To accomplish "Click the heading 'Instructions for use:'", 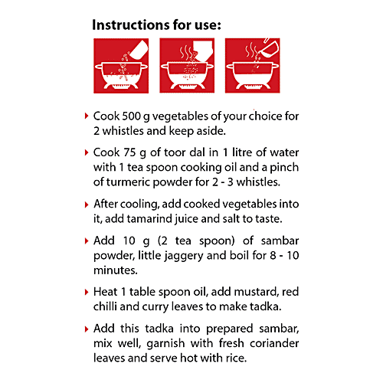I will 156,25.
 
